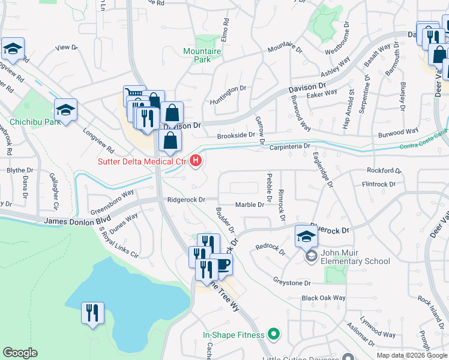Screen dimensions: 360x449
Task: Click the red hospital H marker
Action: pyautogui.click(x=196, y=161)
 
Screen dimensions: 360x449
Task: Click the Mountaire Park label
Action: pyautogui.click(x=202, y=56)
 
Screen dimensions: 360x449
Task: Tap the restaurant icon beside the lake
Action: pyautogui.click(x=92, y=313)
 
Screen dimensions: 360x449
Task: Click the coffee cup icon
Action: pyautogui.click(x=222, y=263)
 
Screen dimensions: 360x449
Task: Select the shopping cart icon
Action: pyautogui.click(x=134, y=95)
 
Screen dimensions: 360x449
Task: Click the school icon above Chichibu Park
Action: pyautogui.click(x=65, y=109)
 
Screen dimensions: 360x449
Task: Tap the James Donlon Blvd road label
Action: pyautogui.click(x=70, y=222)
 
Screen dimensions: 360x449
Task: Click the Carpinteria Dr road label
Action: pyautogui.click(x=289, y=146)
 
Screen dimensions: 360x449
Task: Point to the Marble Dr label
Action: pyautogui.click(x=249, y=205)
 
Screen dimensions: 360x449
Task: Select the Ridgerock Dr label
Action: pyautogui.click(x=186, y=200)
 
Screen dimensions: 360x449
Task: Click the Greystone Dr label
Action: pyautogui.click(x=292, y=283)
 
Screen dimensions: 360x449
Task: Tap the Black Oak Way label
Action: pyautogui.click(x=324, y=298)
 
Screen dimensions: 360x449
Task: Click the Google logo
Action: pyautogui.click(x=20, y=353)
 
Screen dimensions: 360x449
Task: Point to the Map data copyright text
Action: pyautogui.click(x=412, y=355)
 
